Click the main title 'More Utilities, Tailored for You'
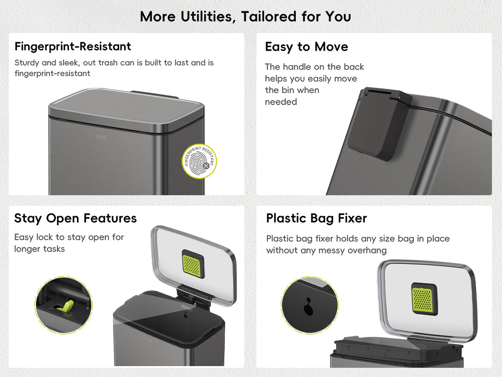[x=246, y=16]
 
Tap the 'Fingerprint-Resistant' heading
[x=73, y=46]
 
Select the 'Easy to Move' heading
[x=307, y=47]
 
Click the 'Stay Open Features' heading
[x=75, y=218]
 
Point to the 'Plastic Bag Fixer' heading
[x=317, y=218]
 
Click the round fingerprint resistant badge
[x=199, y=161]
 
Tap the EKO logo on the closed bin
[x=101, y=137]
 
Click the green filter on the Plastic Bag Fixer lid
[x=423, y=300]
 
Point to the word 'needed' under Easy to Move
[x=281, y=102]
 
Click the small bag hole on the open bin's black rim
[x=186, y=315]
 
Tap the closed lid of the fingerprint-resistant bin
[x=126, y=110]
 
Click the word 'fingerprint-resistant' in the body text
[x=52, y=73]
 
